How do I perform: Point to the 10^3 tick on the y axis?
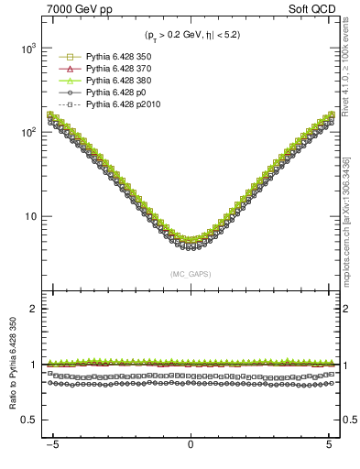coord(33,48)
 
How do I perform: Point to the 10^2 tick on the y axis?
coord(33,132)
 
